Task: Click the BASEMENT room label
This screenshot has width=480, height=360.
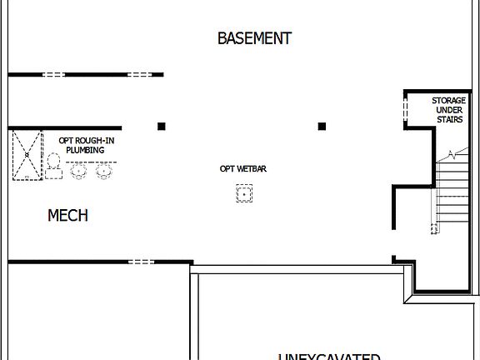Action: [254, 38]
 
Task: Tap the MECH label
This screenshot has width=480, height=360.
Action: [67, 216]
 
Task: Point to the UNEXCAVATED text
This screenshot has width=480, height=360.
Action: [328, 356]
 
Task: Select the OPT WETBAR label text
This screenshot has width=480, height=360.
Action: [242, 169]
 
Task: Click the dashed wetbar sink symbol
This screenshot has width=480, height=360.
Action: [243, 194]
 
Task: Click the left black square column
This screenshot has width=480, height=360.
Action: [162, 127]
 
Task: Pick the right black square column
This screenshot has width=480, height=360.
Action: [322, 127]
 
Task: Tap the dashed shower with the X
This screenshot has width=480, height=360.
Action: [27, 155]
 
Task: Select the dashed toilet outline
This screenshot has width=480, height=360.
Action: [53, 166]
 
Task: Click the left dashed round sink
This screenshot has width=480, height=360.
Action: [80, 172]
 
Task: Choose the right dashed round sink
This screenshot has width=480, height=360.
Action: [104, 172]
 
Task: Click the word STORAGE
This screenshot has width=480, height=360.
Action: [448, 101]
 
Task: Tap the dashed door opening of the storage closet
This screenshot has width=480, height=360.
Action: [406, 110]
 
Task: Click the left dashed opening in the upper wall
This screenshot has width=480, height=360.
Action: [54, 75]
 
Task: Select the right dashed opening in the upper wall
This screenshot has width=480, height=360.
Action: [139, 75]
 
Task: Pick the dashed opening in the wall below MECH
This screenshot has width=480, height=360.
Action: [141, 262]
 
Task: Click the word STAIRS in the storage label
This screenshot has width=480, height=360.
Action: [448, 120]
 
